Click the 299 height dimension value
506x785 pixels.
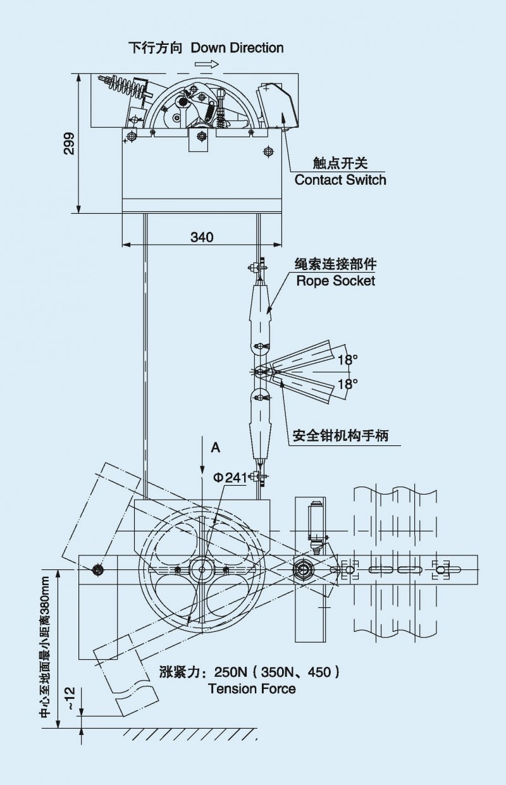(x=70, y=144)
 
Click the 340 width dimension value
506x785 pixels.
(x=202, y=237)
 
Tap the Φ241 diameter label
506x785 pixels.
(x=230, y=478)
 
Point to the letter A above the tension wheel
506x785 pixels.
(x=216, y=447)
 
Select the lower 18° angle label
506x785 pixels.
(x=347, y=383)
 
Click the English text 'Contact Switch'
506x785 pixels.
(x=340, y=180)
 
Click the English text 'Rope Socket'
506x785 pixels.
(x=336, y=280)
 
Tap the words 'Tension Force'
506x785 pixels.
(x=252, y=689)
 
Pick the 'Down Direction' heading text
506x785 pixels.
(x=237, y=47)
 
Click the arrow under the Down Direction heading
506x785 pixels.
(x=207, y=64)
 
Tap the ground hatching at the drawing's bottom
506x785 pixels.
(x=190, y=734)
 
